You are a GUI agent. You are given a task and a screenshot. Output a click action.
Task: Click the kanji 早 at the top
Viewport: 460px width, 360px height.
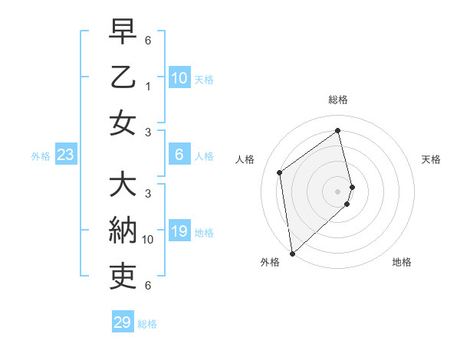pyautogui.click(x=123, y=34)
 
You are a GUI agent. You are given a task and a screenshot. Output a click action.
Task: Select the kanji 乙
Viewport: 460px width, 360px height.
pyautogui.click(x=123, y=79)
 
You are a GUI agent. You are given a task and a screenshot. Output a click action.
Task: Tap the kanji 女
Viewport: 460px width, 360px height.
pyautogui.click(x=123, y=123)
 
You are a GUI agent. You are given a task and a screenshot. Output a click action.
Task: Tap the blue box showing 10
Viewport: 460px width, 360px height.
pyautogui.click(x=179, y=77)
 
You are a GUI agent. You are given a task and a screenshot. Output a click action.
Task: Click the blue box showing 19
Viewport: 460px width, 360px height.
pyautogui.click(x=179, y=232)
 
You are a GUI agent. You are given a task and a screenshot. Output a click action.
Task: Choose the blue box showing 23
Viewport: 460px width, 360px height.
pyautogui.click(x=66, y=155)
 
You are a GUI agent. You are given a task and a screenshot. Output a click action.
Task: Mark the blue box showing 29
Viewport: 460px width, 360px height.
pyautogui.click(x=123, y=322)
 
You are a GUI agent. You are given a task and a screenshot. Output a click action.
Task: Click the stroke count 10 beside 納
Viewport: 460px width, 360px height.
pyautogui.click(x=148, y=240)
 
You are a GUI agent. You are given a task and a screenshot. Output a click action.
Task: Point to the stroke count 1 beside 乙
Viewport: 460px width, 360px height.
pyautogui.click(x=148, y=87)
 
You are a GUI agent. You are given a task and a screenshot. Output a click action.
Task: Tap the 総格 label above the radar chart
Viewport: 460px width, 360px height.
pyautogui.click(x=338, y=100)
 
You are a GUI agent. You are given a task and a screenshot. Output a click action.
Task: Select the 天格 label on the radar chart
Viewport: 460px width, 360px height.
pyautogui.click(x=432, y=159)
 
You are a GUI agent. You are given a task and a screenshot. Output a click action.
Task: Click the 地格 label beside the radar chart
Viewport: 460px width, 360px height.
pyautogui.click(x=402, y=262)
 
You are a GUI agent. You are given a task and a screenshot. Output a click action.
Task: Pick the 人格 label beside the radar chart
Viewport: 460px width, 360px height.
pyautogui.click(x=245, y=159)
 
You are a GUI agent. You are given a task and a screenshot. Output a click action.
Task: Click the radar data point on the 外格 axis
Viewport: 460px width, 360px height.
pyautogui.click(x=292, y=253)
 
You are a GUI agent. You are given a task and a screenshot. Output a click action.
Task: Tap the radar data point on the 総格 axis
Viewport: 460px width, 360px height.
pyautogui.click(x=338, y=130)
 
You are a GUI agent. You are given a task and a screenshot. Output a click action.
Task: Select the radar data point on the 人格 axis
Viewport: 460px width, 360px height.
pyautogui.click(x=280, y=172)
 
